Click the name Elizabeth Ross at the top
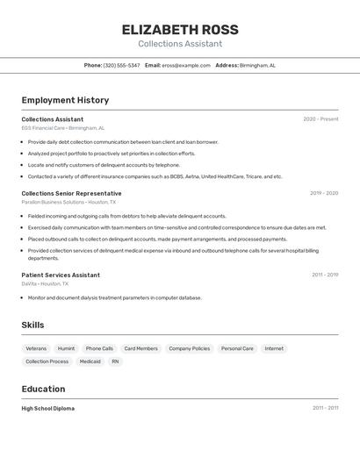(180, 30)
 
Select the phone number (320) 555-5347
(121, 65)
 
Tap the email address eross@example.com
(186, 65)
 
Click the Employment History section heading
(65, 100)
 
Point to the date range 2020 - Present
(320, 119)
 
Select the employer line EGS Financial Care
(62, 128)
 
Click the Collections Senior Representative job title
(71, 193)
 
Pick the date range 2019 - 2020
(323, 193)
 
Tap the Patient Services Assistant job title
(61, 275)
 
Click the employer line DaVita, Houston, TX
(45, 283)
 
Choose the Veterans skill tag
(36, 348)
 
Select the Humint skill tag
(66, 348)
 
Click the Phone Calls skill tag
(99, 348)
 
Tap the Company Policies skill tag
(189, 348)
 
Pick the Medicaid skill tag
(90, 361)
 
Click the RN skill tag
(115, 361)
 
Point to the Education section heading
(43, 389)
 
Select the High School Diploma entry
(47, 408)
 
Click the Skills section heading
(32, 325)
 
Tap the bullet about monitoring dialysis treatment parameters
(114, 297)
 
